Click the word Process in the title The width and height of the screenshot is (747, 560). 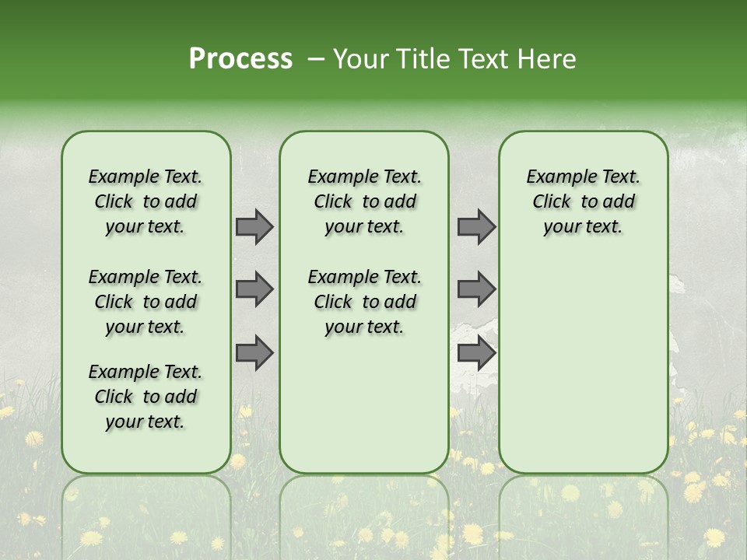(x=240, y=59)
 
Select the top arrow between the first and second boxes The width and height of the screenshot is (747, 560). (x=254, y=226)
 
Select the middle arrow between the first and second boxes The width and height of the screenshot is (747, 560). (x=254, y=289)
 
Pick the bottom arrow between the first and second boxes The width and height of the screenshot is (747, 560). (x=254, y=353)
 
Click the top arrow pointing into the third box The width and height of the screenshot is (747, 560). (x=476, y=226)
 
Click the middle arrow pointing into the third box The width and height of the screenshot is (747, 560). (x=476, y=289)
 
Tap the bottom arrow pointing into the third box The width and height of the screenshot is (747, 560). (x=476, y=353)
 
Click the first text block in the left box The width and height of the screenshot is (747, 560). (x=146, y=201)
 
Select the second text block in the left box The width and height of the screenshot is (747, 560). (x=146, y=302)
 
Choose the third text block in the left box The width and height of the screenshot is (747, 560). (x=146, y=397)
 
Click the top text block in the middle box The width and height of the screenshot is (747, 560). (x=364, y=201)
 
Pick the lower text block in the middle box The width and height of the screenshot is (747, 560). (x=364, y=302)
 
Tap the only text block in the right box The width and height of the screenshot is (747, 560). (x=583, y=201)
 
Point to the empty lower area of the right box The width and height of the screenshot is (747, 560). (x=583, y=366)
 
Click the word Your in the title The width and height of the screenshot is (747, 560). (x=359, y=59)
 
